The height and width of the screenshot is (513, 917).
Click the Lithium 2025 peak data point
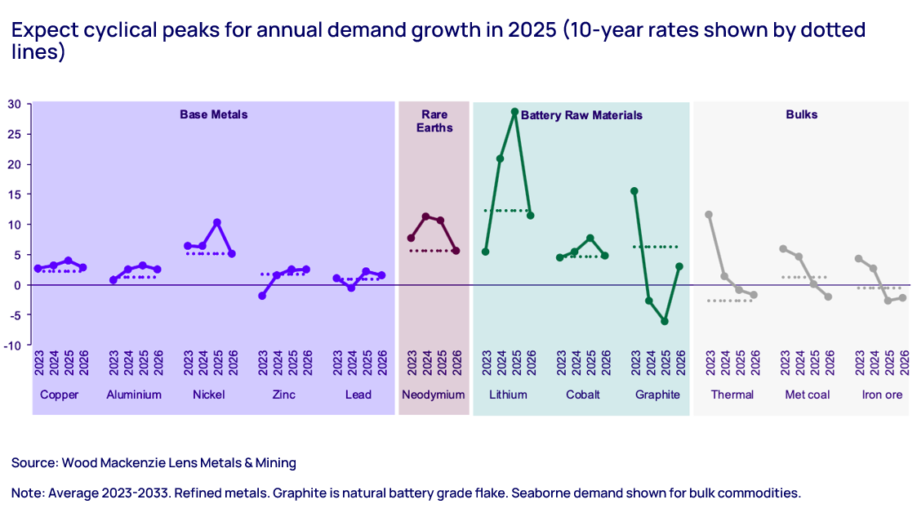coord(515,112)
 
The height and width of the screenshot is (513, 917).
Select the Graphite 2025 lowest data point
coord(665,321)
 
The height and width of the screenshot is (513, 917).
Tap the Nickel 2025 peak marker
coord(217,222)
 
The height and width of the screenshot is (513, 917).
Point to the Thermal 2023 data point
coord(709,215)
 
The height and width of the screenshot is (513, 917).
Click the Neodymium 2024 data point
coord(425,216)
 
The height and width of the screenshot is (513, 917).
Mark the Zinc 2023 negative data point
coord(262,296)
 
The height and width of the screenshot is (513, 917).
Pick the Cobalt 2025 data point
coord(590,238)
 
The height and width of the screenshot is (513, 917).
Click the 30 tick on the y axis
coord(15,104)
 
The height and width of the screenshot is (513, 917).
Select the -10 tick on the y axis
coord(12,345)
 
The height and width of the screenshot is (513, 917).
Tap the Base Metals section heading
coord(213,114)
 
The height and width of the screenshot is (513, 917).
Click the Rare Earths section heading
coord(434,121)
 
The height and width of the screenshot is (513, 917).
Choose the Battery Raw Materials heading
coord(581,115)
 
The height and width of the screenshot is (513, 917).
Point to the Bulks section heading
coord(801,114)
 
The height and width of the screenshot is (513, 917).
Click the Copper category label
coord(60,395)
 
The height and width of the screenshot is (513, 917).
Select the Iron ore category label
coord(882,395)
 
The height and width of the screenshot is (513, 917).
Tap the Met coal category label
coord(806,395)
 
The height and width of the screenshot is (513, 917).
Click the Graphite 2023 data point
coord(634,191)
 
